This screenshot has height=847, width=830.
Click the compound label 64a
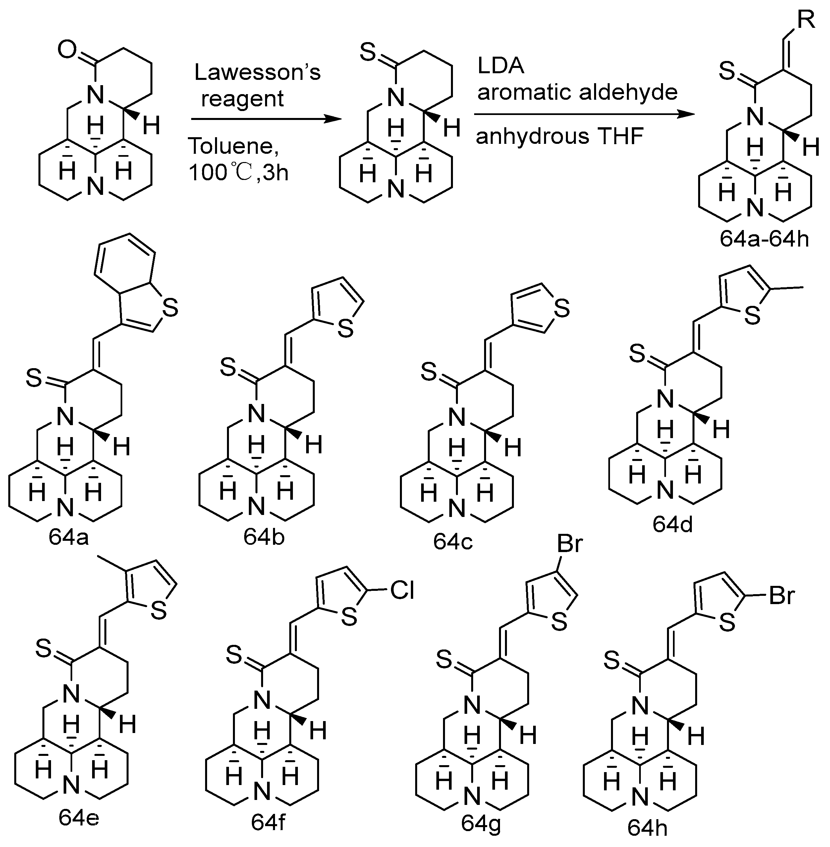tap(69, 537)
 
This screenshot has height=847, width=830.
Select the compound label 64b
tap(264, 537)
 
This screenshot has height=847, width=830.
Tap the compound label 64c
tap(453, 542)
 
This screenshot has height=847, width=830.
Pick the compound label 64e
tap(79, 818)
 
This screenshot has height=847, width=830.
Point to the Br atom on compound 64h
tap(783, 595)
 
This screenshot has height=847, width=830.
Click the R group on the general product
tap(806, 20)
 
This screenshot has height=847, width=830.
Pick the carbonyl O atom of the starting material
tap(67, 51)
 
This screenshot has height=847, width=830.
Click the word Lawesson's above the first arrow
tap(257, 72)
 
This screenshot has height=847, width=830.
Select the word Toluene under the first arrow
tap(234, 146)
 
